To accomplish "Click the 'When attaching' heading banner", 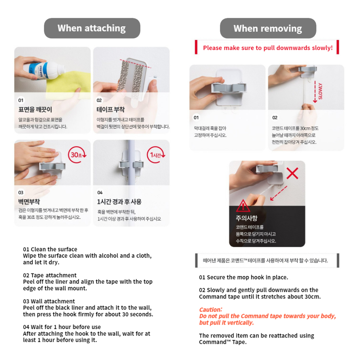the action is [x=92, y=28].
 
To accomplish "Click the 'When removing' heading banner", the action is [x=268, y=28].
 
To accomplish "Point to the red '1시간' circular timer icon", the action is [x=156, y=155].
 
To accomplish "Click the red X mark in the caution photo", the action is [x=292, y=173].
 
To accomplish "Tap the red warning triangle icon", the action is [x=243, y=206].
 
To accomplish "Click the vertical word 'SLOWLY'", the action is [x=321, y=91].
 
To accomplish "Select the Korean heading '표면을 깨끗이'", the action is [x=35, y=110].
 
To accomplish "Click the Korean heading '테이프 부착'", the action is [x=110, y=110].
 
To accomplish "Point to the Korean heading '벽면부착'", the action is [x=29, y=201].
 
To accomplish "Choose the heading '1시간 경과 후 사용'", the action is [x=119, y=201].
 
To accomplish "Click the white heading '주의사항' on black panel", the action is [x=246, y=218].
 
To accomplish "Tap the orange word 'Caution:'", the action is [x=211, y=309].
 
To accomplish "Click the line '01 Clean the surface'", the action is [x=50, y=249].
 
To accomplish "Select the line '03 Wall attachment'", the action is [x=49, y=301].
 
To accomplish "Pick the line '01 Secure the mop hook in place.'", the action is [x=243, y=277].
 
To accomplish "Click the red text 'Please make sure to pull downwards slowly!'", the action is [x=268, y=48].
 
